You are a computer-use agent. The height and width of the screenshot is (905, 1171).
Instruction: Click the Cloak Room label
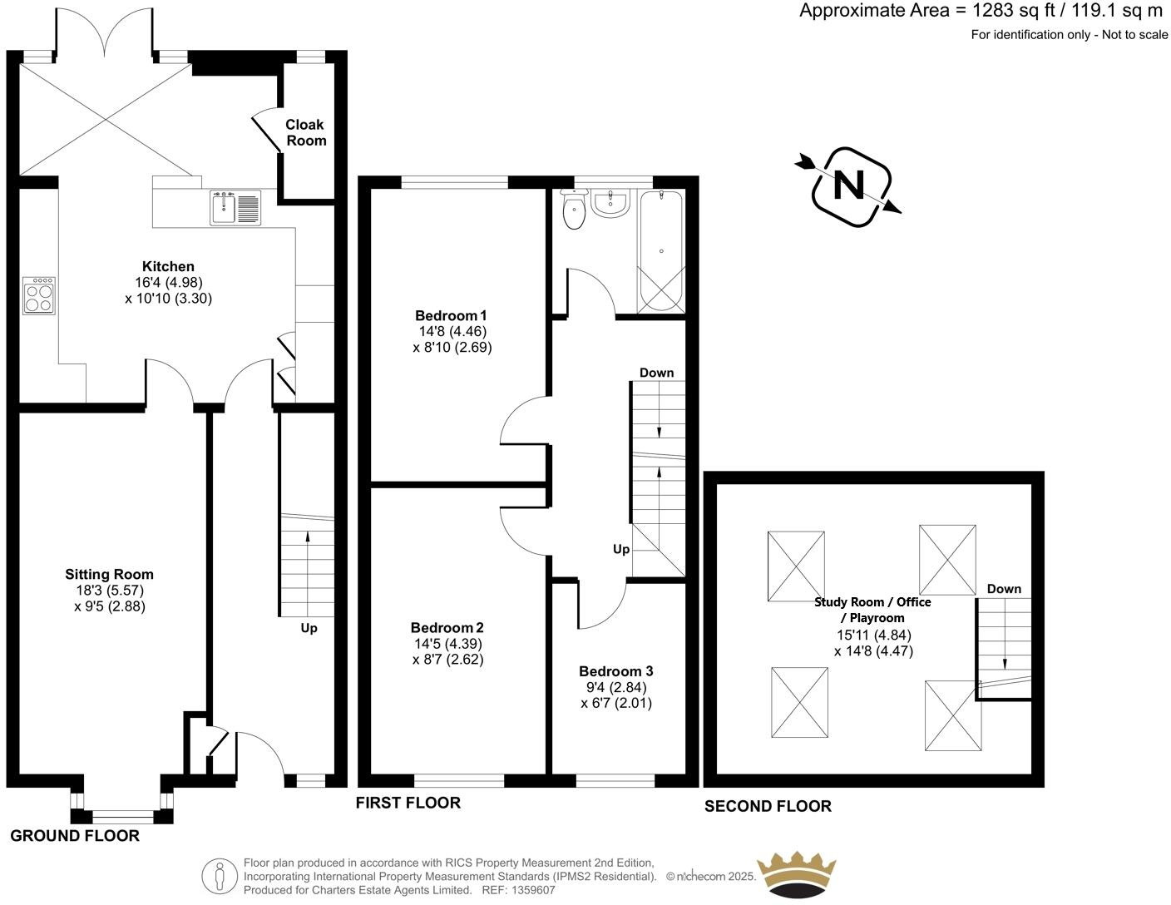(305, 132)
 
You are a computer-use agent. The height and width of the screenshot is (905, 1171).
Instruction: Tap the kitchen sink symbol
(236, 207)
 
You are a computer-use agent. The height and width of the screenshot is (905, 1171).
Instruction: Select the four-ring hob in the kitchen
(39, 295)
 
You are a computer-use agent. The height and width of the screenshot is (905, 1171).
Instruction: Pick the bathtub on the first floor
(661, 250)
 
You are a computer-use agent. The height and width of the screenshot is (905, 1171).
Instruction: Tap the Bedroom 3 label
(616, 671)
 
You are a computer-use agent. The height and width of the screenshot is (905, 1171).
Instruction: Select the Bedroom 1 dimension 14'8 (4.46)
(452, 331)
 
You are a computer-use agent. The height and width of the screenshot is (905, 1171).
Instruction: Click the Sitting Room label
(110, 574)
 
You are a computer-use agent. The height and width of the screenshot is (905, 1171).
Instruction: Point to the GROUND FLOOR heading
(75, 836)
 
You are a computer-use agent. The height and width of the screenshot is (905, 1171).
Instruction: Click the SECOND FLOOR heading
(768, 806)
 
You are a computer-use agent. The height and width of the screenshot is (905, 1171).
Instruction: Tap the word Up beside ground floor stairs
(309, 628)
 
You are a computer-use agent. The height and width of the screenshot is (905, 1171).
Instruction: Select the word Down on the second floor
(1004, 589)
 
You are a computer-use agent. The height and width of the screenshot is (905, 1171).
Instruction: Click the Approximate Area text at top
(981, 11)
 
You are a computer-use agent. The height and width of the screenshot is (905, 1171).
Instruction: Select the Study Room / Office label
(872, 602)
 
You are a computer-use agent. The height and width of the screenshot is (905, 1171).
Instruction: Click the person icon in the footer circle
(220, 875)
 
